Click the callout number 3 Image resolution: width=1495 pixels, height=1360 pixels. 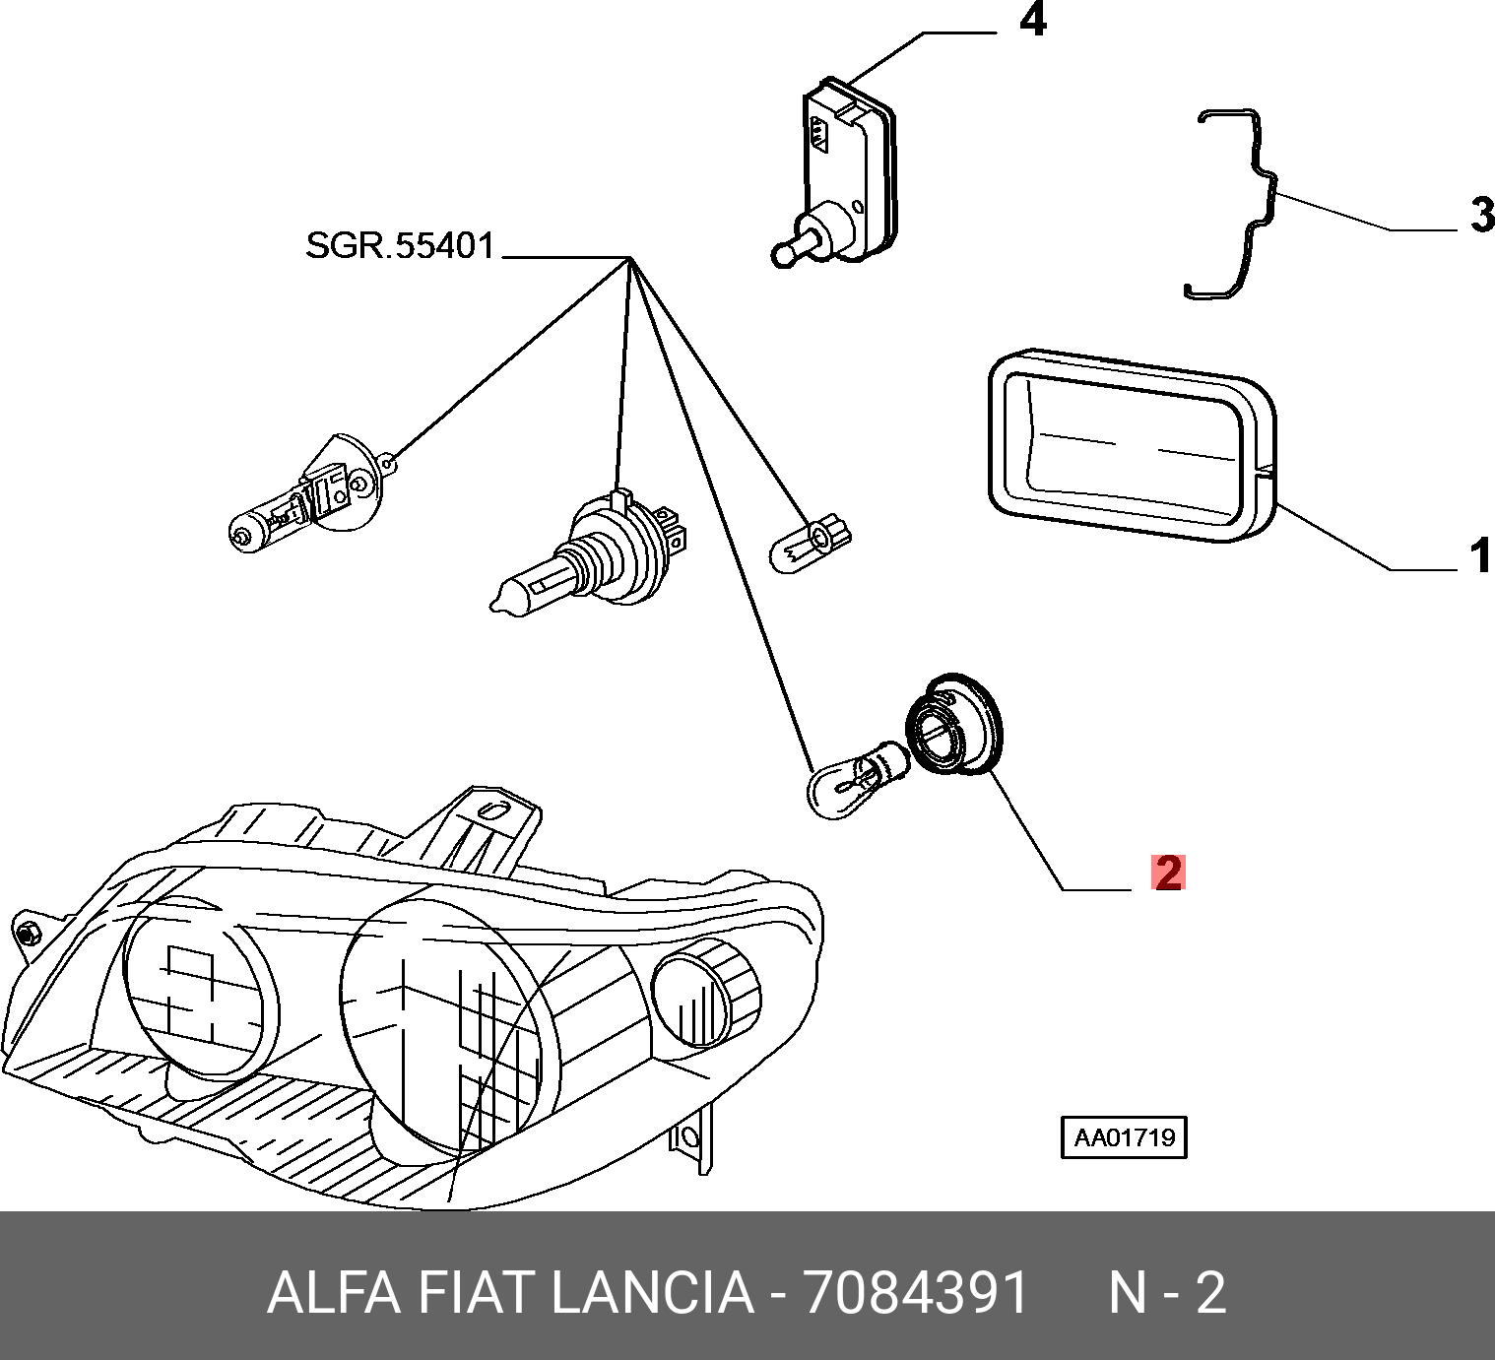1481,215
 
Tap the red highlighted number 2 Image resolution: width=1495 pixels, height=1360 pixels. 1168,873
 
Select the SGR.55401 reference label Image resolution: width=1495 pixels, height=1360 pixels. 399,245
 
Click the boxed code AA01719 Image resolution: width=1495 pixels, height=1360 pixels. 1124,1138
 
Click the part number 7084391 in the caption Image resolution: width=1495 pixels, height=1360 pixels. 917,1293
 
